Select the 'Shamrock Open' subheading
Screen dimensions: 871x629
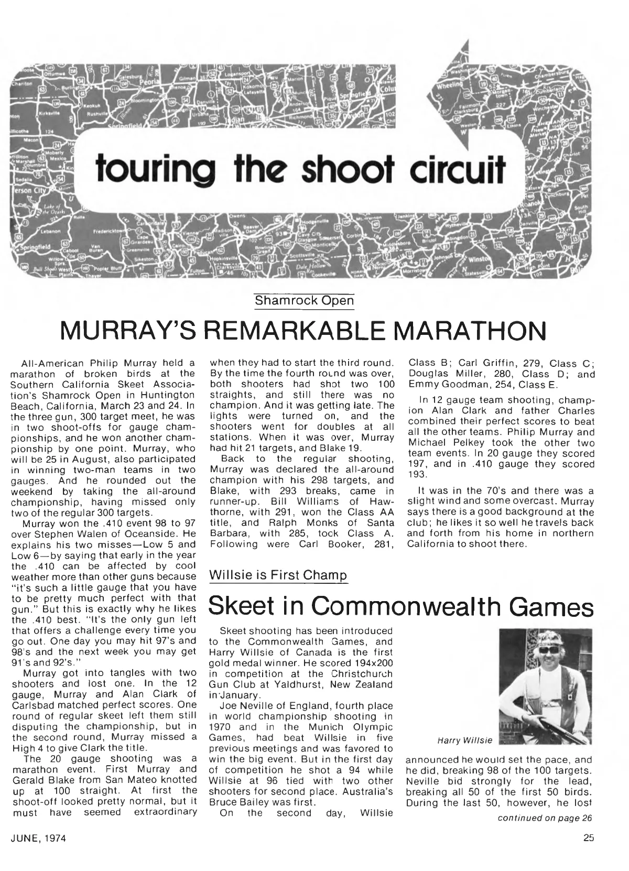pyautogui.click(x=303, y=301)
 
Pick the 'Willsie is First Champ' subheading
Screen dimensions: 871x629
pyautogui.click(x=277, y=575)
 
